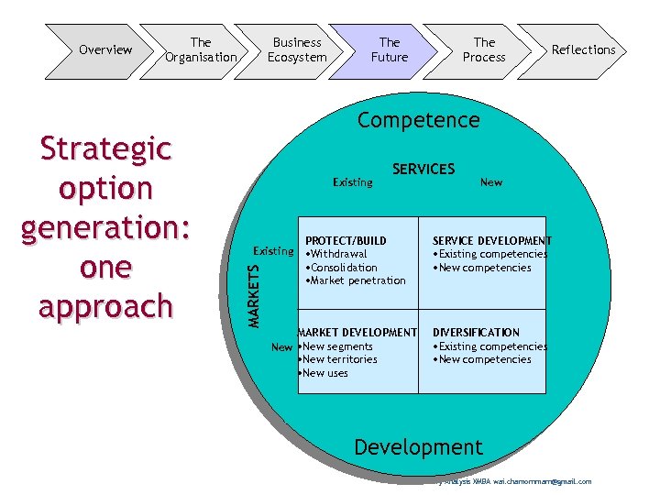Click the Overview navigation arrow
coord(104,49)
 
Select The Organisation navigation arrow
coord(201,49)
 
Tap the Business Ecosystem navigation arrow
coord(297,49)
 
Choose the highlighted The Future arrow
coord(390,49)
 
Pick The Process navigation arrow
coord(484,49)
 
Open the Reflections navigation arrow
coord(583,49)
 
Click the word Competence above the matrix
coord(418,120)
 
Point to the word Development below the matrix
coord(418,447)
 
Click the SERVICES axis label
coord(423,169)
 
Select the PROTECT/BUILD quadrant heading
coord(346,241)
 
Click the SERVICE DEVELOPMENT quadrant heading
coord(491,241)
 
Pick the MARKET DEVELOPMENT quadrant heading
coord(357,333)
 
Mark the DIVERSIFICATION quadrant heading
coord(476,333)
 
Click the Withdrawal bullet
coord(336,254)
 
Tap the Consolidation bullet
coord(342,268)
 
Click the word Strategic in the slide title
coord(105,148)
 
